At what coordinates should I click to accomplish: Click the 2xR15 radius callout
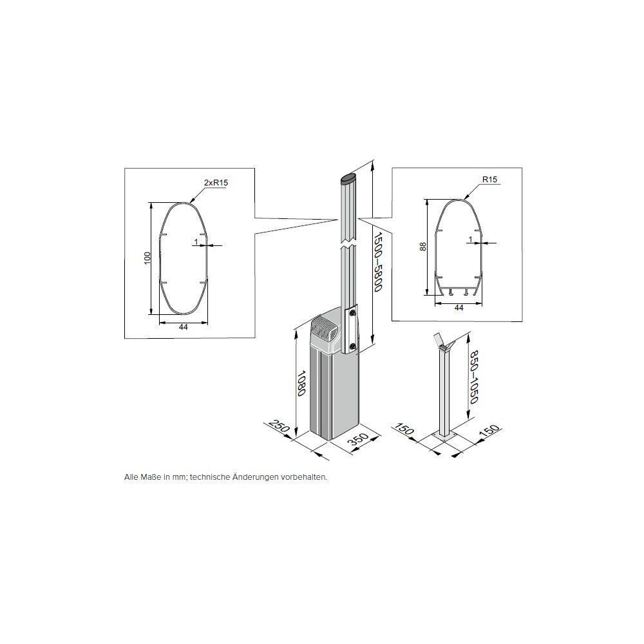pos(216,183)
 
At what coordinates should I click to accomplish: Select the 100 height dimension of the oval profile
pos(147,258)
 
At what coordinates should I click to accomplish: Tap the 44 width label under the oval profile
pos(184,327)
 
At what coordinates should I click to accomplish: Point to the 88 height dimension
pos(424,247)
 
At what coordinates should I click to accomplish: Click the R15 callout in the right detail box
pos(489,180)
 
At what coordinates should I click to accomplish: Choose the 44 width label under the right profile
pos(459,307)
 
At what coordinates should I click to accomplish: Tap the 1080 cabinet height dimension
pos(301,383)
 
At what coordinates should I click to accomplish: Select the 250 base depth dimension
pos(279,428)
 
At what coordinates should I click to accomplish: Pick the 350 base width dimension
pos(358,440)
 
